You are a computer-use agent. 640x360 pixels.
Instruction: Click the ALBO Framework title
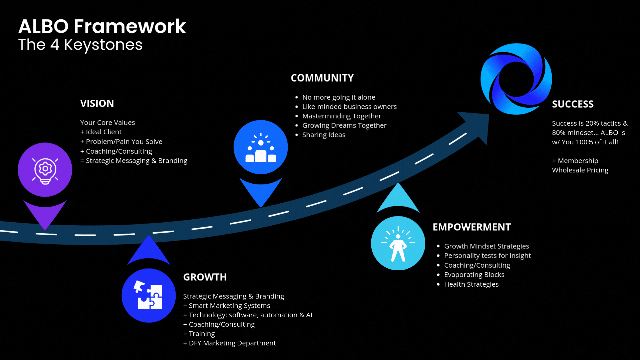[x=102, y=26]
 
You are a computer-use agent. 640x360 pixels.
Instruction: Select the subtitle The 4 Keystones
[x=80, y=45]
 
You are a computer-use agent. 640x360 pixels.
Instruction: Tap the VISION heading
[x=97, y=104]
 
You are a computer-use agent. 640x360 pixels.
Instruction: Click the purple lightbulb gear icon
[x=45, y=170]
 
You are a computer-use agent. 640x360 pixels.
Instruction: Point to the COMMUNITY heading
[x=322, y=78]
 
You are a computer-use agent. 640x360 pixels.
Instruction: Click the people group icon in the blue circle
[x=261, y=147]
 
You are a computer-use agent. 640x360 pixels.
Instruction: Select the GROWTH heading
[x=205, y=277]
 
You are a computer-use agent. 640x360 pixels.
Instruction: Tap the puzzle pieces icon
[x=149, y=295]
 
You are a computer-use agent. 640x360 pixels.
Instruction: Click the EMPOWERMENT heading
[x=471, y=227]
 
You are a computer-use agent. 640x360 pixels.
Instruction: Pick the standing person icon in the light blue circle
[x=398, y=243]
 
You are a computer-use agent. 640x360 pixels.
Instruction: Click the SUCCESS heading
[x=573, y=104]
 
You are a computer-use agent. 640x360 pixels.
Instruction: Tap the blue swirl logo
[x=516, y=79]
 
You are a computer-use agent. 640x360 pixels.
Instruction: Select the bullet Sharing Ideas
[x=323, y=135]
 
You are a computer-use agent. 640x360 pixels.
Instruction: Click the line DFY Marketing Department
[x=232, y=343]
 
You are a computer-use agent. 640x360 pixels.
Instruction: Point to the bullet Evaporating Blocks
[x=474, y=275]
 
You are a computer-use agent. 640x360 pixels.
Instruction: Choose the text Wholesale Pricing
[x=580, y=170]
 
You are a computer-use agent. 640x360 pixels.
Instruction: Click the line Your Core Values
[x=107, y=123]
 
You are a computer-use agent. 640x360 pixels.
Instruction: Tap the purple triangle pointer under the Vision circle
[x=45, y=213]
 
